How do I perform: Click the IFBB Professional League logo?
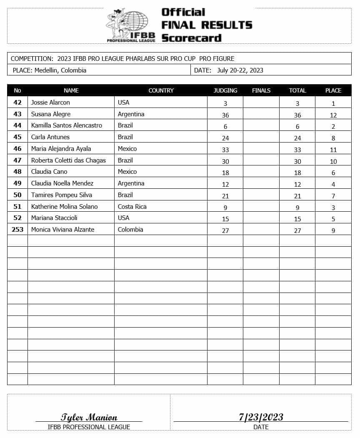point(130,25)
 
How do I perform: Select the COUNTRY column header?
point(161,90)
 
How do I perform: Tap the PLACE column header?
point(333,90)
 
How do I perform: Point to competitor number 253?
point(17,230)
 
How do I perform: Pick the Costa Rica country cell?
point(132,207)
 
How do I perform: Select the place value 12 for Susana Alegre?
point(333,115)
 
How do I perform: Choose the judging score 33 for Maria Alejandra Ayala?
point(225,150)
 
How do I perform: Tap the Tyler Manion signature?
point(89,417)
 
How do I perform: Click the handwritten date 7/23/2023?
point(261,417)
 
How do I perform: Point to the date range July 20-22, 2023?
point(240,70)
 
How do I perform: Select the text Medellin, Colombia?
point(60,70)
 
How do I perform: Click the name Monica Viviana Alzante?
point(62,230)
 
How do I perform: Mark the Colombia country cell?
point(130,230)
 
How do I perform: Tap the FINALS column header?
point(261,90)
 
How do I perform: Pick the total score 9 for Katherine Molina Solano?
point(297,207)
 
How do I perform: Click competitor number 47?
point(17,160)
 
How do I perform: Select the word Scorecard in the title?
point(191,38)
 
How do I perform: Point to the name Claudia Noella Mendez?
point(62,183)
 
